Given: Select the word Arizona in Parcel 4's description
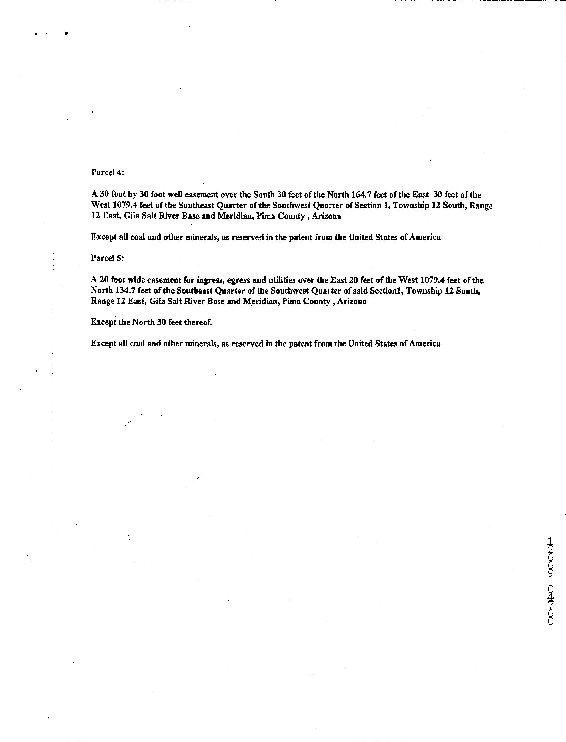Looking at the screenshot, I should coord(326,216).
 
